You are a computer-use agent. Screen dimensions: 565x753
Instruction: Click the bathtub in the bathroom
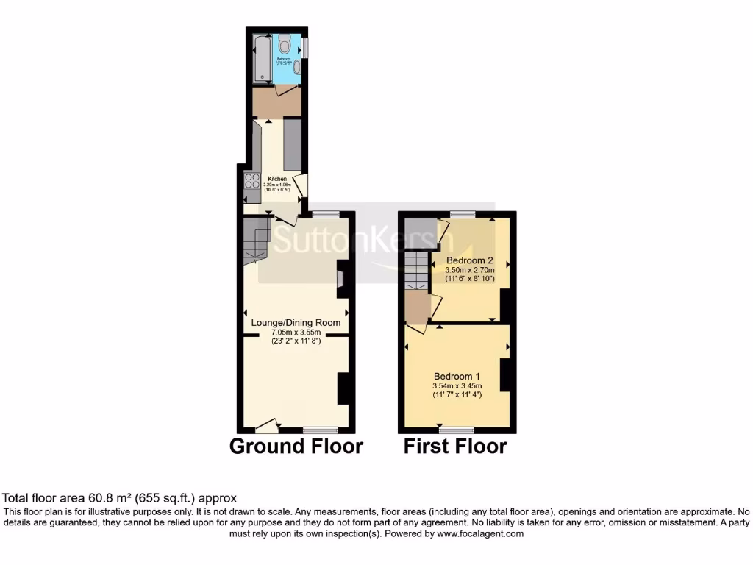(x=261, y=58)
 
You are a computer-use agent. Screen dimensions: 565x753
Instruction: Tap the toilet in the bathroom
(x=285, y=44)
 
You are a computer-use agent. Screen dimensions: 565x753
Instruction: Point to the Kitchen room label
(x=277, y=179)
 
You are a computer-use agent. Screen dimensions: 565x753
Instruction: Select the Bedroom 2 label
(x=469, y=260)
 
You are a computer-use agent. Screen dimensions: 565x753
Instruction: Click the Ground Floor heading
(x=296, y=447)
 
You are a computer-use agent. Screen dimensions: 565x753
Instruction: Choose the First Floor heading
(x=454, y=447)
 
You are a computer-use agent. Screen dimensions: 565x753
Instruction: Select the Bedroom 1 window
(x=457, y=429)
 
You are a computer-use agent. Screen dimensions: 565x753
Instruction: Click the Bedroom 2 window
(x=463, y=213)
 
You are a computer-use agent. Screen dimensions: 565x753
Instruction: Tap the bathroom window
(x=305, y=46)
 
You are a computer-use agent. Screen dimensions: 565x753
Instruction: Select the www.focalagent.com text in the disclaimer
(x=480, y=533)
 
